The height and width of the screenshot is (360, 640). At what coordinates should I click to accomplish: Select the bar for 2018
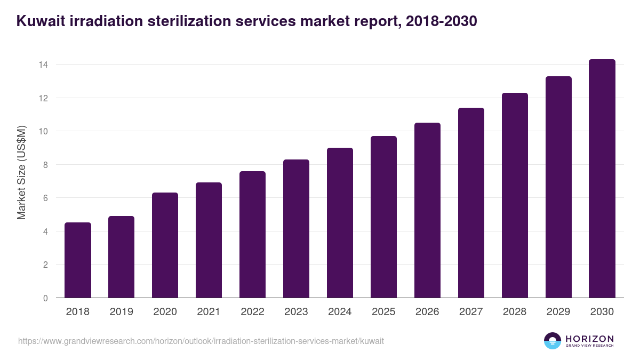tap(78, 260)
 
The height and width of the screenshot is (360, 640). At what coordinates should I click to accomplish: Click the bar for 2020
tap(165, 245)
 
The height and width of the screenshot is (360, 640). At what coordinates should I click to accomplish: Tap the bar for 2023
tap(296, 229)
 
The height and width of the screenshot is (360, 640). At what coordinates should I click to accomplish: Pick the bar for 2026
tap(427, 210)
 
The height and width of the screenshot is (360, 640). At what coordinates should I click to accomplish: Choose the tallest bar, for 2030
tap(602, 179)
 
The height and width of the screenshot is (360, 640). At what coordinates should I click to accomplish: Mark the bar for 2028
tap(515, 195)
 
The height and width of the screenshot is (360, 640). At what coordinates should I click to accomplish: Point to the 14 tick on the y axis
tap(43, 65)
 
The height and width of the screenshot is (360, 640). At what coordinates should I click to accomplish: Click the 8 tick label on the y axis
tap(45, 165)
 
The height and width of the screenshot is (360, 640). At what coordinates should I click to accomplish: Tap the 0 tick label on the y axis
tap(45, 298)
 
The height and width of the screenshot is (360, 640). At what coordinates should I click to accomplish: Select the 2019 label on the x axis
tap(122, 312)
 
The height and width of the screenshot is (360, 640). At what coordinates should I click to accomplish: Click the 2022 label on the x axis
tap(252, 312)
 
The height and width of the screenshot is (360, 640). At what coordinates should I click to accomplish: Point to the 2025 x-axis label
tap(383, 312)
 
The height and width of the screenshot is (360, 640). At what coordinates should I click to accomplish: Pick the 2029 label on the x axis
tap(558, 312)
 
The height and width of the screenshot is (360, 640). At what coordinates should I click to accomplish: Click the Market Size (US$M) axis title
tap(21, 172)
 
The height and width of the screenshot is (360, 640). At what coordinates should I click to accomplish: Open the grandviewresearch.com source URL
tap(201, 341)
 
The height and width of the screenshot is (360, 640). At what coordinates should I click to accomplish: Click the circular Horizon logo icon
tap(553, 341)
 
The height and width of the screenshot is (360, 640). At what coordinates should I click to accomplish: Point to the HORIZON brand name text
tap(589, 338)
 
